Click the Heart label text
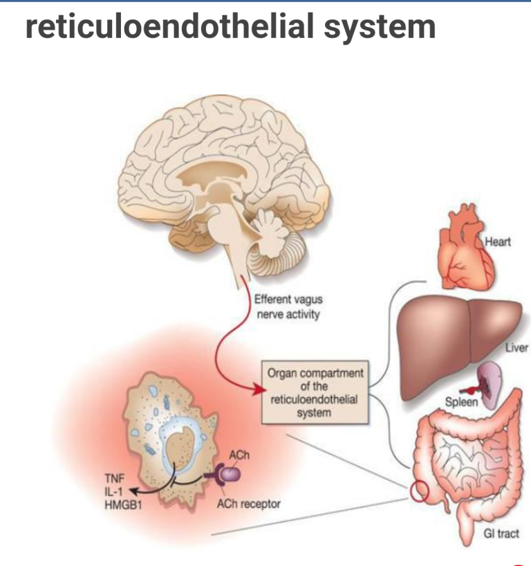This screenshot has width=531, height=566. tap(497, 243)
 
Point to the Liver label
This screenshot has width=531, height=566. tap(516, 348)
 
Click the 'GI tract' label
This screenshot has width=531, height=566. tap(499, 533)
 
